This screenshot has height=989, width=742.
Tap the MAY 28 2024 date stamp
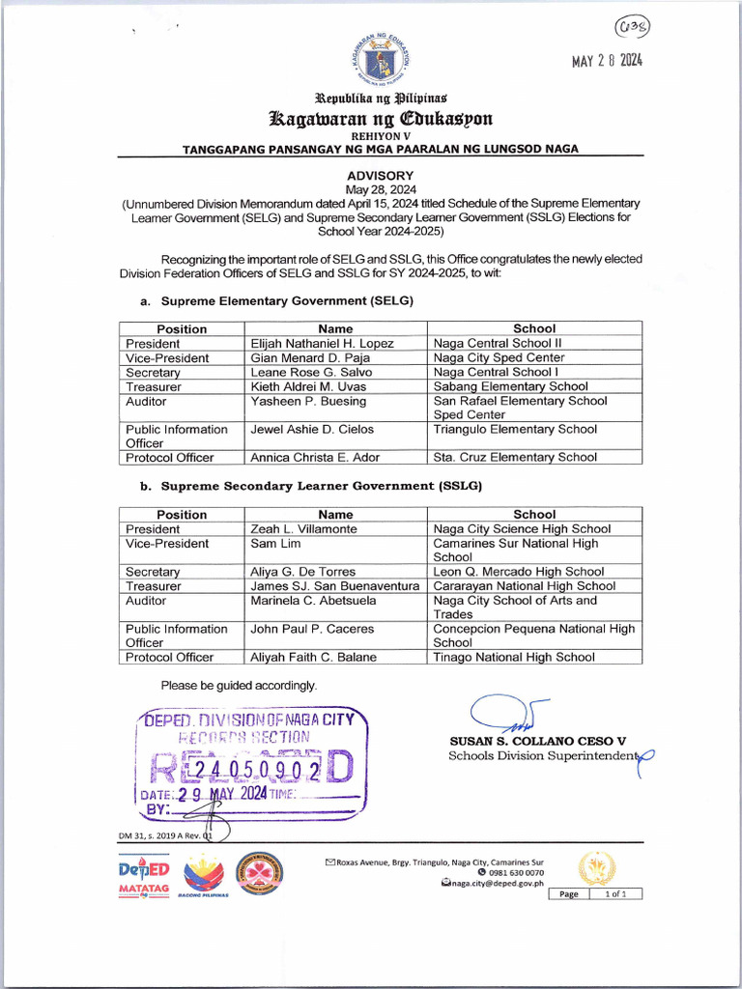point(607,61)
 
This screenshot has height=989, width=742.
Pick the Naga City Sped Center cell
point(499,357)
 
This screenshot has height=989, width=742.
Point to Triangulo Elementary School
point(515,429)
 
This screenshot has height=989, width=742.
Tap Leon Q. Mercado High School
point(519,572)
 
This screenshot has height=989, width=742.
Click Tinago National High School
point(514,658)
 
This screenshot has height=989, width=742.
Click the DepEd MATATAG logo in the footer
point(144,877)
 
